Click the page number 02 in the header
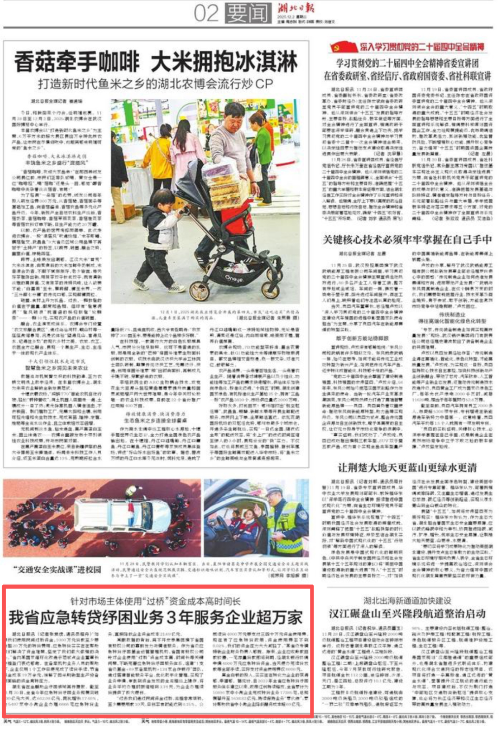tap(206, 13)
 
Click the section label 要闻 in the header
tap(248, 13)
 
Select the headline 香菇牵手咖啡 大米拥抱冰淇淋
tap(155, 62)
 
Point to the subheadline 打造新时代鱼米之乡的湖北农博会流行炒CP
tap(155, 84)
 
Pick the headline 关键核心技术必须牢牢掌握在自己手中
tap(407, 240)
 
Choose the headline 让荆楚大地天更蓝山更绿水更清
tap(407, 467)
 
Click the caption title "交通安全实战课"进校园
tap(57, 570)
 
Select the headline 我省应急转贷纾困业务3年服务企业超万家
tap(156, 618)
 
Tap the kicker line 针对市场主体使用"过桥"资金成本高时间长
tap(156, 601)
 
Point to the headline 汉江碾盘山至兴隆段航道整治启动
tap(407, 614)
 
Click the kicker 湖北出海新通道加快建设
tap(407, 601)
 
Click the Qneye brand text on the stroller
tap(234, 278)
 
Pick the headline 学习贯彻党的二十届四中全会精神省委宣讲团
tap(407, 63)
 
